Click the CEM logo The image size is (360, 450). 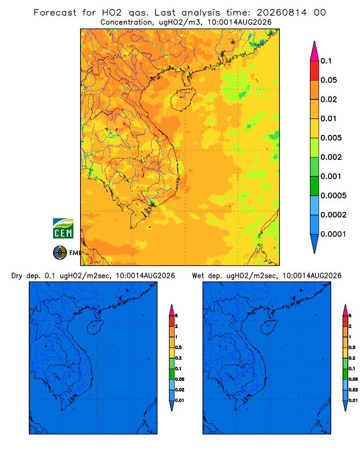tap(63, 229)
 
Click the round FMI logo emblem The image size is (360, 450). tap(60, 252)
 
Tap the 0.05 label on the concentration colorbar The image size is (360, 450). tap(328, 80)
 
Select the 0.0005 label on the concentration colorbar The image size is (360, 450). tap(333, 196)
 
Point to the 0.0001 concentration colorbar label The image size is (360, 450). tap(333, 234)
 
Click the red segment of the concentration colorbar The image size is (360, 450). tap(315, 71)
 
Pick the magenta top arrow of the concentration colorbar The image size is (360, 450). tap(315, 51)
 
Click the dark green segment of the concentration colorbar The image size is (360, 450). tap(315, 186)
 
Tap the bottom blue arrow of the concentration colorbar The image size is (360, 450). tap(315, 244)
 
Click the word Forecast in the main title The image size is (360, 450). tap(55, 13)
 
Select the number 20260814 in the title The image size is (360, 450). tap(282, 13)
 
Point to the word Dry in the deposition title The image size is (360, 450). tap(17, 276)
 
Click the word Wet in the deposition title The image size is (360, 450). tap(198, 276)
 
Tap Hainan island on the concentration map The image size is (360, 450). tap(183, 99)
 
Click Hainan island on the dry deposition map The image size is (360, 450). tap(95, 328)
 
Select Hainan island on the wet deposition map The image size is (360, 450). tap(269, 328)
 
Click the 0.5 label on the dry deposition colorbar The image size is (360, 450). tap(178, 347)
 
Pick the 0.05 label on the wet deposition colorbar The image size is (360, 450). tap(353, 379)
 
